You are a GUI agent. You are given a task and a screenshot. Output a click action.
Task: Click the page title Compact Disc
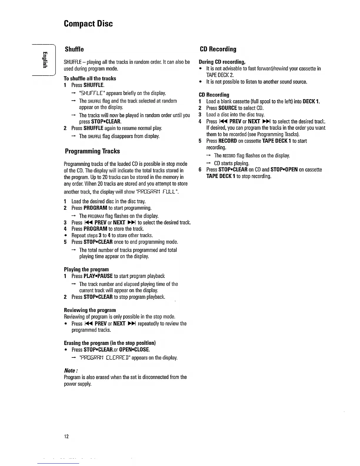coord(88,24)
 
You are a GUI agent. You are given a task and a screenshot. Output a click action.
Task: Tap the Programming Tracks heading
coord(92,151)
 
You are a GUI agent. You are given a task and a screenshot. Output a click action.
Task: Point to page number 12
coord(66,436)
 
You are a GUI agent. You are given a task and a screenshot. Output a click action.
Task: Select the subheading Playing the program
coord(86,269)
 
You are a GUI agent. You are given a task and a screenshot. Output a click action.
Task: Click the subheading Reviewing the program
coord(90,310)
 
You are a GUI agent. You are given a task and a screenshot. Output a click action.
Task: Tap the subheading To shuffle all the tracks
coord(90,79)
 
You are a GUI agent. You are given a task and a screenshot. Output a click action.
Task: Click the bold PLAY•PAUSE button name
coord(98,276)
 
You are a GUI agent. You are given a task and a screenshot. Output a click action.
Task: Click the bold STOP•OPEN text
coord(284,169)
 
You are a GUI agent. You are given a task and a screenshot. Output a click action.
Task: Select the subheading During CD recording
coord(222,62)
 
